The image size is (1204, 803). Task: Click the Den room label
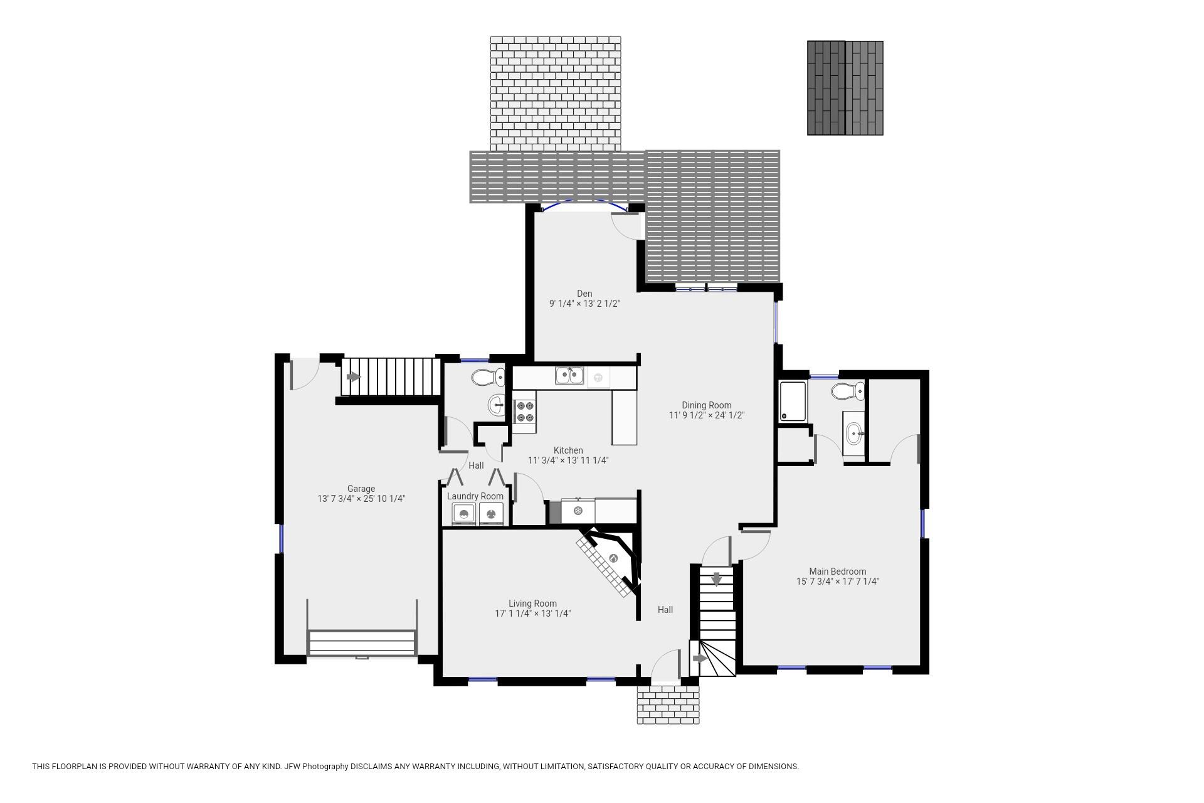coord(584,294)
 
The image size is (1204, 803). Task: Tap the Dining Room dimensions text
coord(706,415)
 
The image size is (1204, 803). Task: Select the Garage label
coord(361,489)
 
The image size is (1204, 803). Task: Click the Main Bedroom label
coord(837,572)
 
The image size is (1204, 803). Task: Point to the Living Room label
coord(532,604)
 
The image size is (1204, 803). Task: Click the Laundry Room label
coord(475,496)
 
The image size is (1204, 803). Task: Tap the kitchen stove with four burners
coord(525,412)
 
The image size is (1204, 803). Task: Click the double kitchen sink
coord(569,376)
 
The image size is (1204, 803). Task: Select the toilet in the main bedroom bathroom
coord(848,391)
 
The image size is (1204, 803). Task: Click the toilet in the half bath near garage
coord(488,378)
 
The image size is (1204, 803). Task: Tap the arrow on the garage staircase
coord(354,377)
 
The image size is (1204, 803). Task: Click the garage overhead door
coord(362,643)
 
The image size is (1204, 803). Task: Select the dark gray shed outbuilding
coord(845,88)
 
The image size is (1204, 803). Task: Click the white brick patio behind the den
coord(556,93)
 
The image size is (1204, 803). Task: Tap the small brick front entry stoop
coord(668,704)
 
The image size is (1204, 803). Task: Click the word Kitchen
coord(568,450)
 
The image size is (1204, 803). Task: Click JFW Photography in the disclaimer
coord(316,766)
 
